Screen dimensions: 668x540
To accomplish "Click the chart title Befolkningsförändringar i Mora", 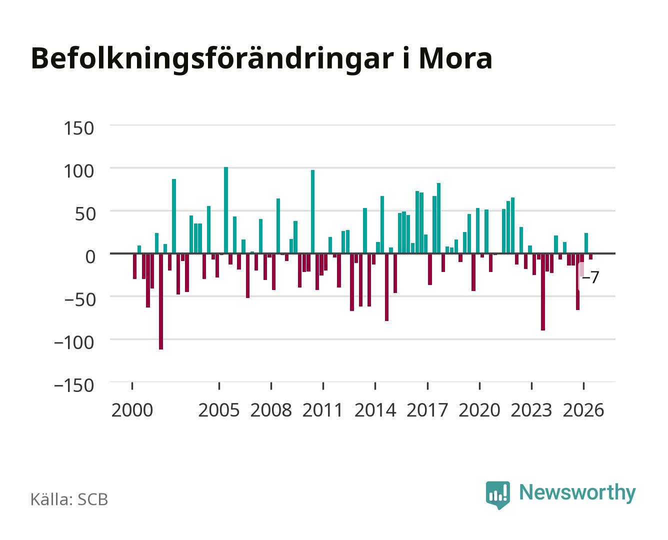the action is click(261, 59).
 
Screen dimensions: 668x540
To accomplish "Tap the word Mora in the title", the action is click(455, 58).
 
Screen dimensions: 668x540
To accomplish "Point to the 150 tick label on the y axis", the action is click(78, 128).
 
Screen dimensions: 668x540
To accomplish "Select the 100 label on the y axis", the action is click(78, 171).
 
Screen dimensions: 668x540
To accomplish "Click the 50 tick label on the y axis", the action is click(84, 214).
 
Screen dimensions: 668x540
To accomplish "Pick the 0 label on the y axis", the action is click(90, 257).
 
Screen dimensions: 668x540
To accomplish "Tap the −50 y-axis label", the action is click(79, 300).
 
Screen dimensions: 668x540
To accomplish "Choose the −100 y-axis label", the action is click(74, 342).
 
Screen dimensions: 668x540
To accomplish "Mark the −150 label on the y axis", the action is click(74, 385).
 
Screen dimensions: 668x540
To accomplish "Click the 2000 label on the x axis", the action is click(132, 410).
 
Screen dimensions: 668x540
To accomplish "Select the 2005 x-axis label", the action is click(219, 410).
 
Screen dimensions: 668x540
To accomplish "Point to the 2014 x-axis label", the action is click(375, 410).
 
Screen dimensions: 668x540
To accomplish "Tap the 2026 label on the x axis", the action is click(583, 410).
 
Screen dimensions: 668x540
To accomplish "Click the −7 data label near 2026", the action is click(590, 277).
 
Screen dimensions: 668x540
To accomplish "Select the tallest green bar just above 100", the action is click(226, 210).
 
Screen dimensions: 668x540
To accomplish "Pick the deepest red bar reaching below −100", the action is click(161, 301).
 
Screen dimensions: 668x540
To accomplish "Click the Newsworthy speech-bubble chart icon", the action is click(498, 495).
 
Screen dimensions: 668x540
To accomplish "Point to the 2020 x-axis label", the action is click(479, 410).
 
